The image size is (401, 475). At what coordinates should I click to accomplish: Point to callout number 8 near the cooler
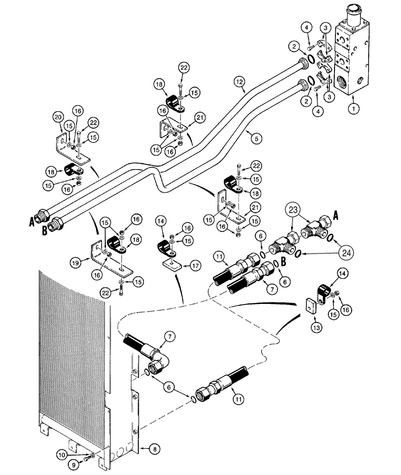click(153, 447)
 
